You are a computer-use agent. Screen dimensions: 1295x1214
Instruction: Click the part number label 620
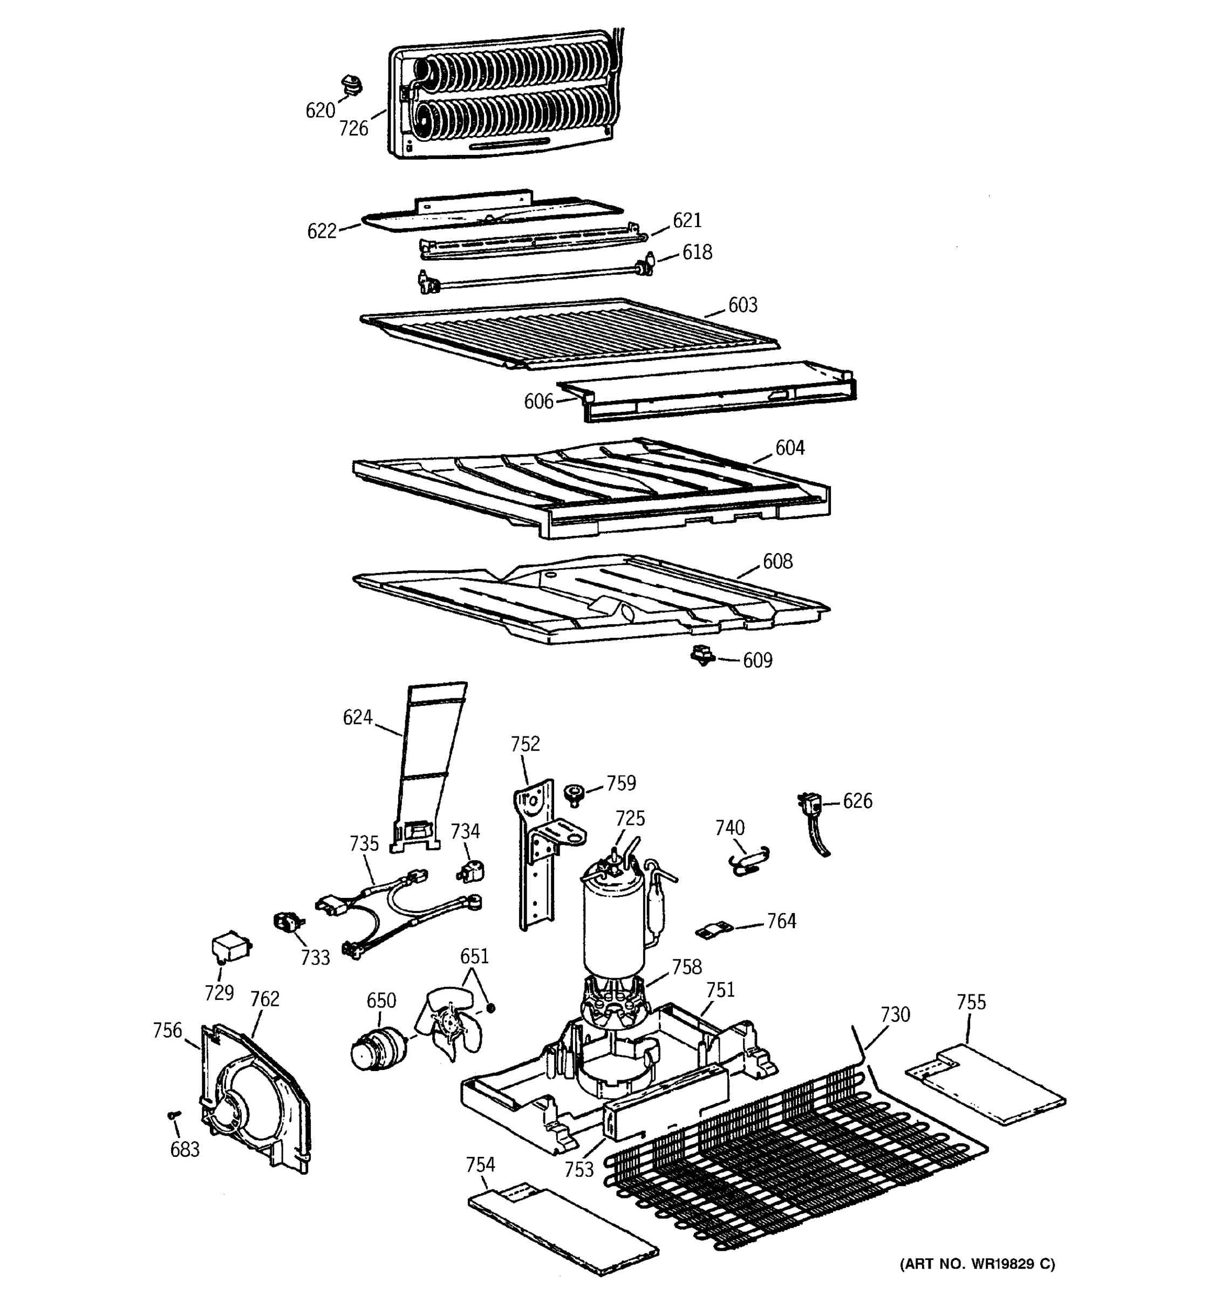320,111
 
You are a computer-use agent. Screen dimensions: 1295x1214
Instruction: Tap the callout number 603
742,305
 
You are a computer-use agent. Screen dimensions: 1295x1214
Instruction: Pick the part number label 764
781,921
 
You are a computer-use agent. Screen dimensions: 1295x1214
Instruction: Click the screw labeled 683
173,1115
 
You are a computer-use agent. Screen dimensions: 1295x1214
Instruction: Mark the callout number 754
480,1164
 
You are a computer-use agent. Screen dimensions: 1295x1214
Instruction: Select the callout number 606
538,402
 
